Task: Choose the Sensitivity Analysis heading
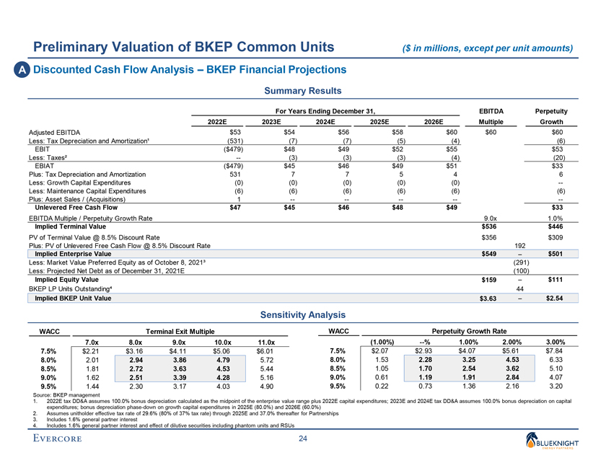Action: (x=302, y=315)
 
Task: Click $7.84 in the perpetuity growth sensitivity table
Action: (x=555, y=351)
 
